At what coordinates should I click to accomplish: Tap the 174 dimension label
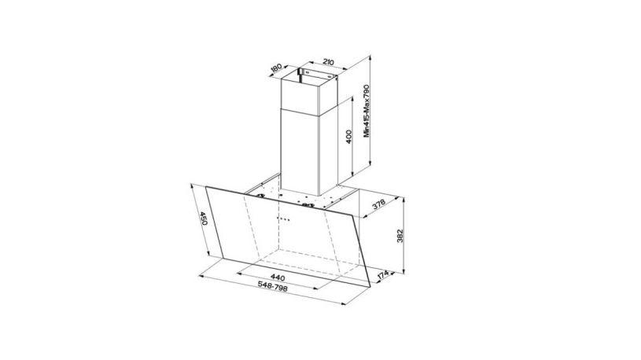[x=382, y=276]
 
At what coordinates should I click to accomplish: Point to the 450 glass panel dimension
[x=202, y=219]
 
